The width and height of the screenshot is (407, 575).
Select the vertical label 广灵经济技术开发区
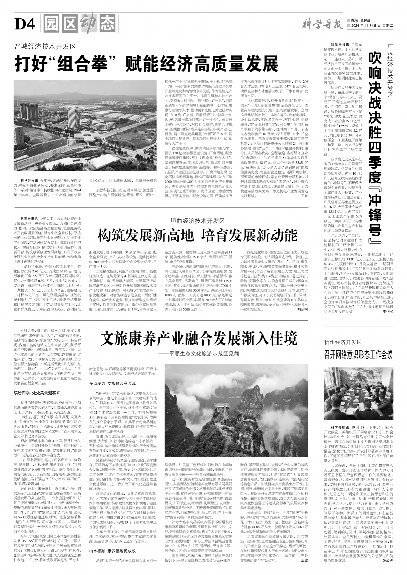(390, 70)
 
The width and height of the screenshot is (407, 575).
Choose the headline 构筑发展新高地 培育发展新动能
(197, 236)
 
